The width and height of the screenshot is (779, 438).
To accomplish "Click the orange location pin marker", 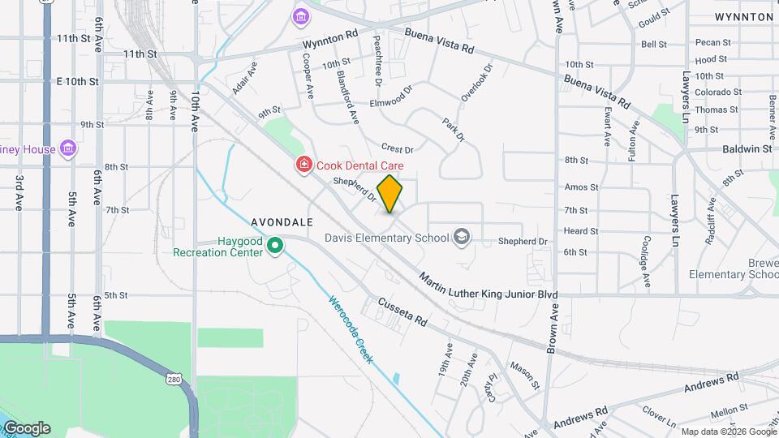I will pos(390,194).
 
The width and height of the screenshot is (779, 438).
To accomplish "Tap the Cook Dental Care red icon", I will pos(304,165).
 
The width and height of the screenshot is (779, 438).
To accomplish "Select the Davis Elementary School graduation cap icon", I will pos(462,237).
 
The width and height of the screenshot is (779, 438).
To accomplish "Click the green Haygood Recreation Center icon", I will pos(275,244).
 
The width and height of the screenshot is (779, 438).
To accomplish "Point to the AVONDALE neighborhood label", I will pos(282,221).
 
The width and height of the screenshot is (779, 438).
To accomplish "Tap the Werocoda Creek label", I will pos(351,329).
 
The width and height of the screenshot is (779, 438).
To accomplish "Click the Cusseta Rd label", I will pos(402,311).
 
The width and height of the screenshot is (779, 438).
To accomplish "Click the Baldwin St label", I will pos(747,149).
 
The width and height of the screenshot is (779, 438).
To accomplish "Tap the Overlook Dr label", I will pos(477,84).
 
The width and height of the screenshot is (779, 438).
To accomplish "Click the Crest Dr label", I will pos(398,149).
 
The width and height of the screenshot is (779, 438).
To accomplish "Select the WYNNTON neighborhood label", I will pos(744,17).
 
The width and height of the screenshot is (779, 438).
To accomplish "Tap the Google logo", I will pos(27,428).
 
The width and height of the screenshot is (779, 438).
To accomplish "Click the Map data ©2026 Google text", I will pos(728,432).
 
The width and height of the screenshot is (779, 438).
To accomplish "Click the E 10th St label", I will pos(78,82).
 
